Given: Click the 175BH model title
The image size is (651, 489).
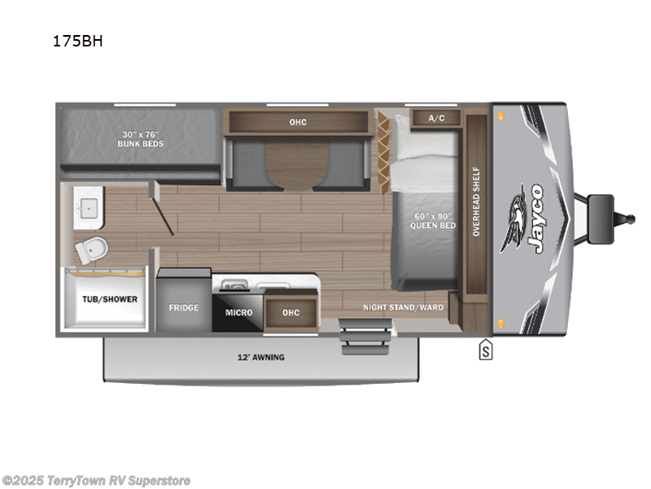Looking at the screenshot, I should coord(78,43).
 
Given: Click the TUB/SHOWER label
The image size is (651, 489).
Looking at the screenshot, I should coord(109,299).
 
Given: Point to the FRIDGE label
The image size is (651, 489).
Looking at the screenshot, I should coord(184,308).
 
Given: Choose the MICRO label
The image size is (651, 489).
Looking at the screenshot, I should coord(238,312).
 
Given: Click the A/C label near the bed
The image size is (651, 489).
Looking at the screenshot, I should coord(436,118).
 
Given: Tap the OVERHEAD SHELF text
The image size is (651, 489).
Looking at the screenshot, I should coord(476,202).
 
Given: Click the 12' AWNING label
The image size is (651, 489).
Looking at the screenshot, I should coord(262,357).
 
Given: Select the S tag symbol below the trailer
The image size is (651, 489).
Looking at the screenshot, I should coord(487,351).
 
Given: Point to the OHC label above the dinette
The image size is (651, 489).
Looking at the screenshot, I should coord(298,122).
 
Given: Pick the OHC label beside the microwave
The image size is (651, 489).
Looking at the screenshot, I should coord(291,312).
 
